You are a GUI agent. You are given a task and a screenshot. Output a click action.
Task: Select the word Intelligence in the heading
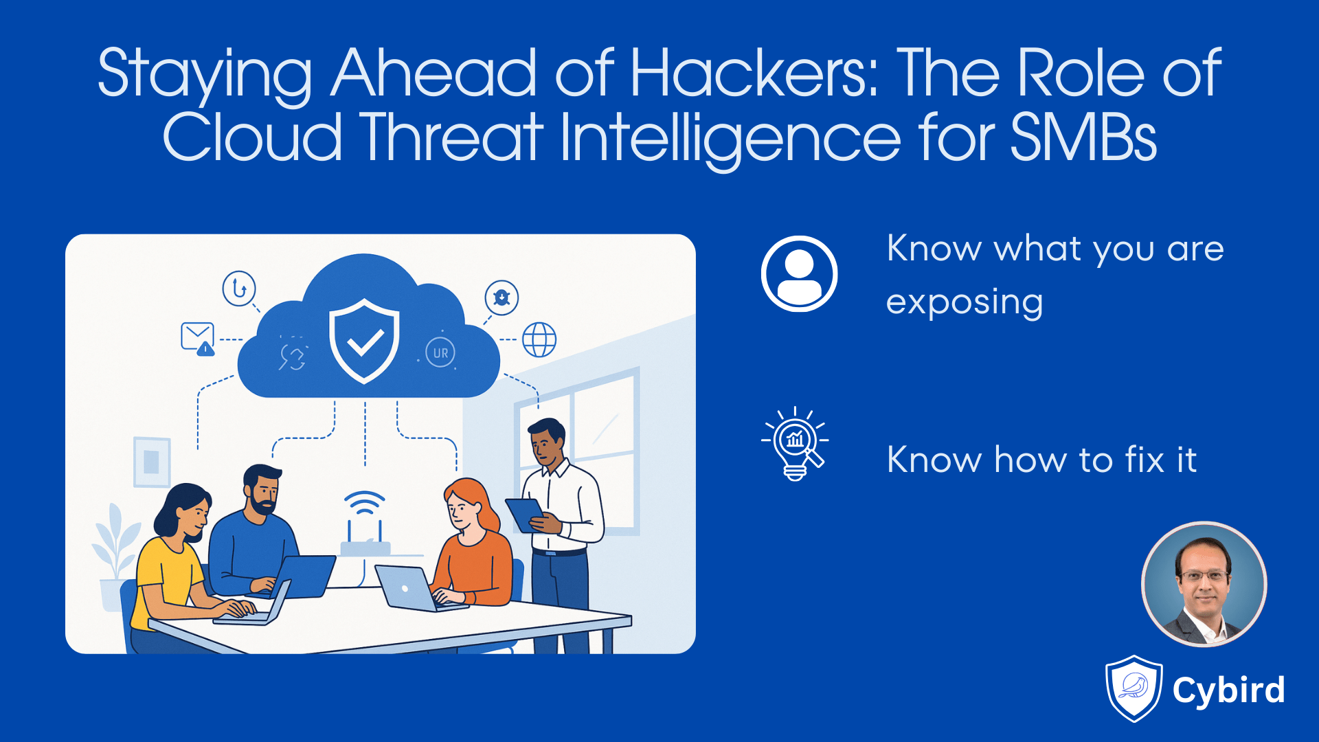click(730, 137)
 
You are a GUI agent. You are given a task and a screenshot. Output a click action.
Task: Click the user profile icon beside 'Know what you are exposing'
click(799, 273)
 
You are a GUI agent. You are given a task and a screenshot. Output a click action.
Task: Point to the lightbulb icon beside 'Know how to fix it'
click(795, 444)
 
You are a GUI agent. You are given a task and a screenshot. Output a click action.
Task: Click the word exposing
click(964, 302)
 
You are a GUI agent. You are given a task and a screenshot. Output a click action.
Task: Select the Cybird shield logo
click(1134, 688)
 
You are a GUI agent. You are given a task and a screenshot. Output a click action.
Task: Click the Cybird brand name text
click(1228, 690)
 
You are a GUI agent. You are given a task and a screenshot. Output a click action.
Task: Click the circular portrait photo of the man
click(1204, 584)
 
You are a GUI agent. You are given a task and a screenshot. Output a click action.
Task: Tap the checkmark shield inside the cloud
click(364, 340)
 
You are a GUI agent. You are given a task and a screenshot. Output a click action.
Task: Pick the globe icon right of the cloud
click(539, 339)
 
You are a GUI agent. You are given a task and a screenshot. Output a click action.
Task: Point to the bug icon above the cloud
click(501, 297)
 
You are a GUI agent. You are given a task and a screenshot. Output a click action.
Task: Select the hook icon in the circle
click(239, 288)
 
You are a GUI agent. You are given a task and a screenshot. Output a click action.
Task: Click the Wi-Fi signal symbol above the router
click(364, 503)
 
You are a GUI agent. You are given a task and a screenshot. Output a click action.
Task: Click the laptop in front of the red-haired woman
click(407, 588)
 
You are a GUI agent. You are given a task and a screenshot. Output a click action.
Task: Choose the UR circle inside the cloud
click(440, 352)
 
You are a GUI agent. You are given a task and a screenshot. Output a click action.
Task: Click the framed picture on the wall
click(152, 461)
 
